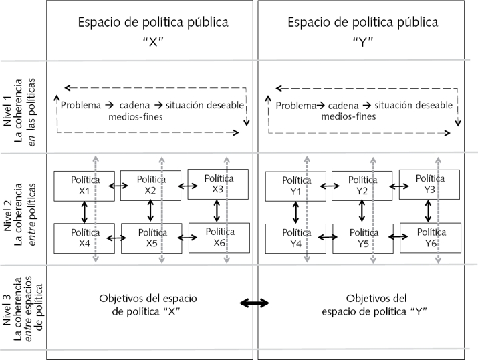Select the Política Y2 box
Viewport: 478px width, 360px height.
click(362, 185)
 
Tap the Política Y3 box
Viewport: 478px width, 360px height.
click(429, 184)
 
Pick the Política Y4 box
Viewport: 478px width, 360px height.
click(295, 238)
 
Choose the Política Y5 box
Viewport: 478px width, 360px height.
click(362, 238)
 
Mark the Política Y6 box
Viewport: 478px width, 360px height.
click(429, 237)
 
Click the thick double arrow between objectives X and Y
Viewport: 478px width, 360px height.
click(255, 303)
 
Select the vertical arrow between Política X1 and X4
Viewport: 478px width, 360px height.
click(84, 212)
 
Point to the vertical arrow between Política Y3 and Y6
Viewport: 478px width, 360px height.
click(428, 211)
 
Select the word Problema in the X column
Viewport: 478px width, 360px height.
click(80, 105)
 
